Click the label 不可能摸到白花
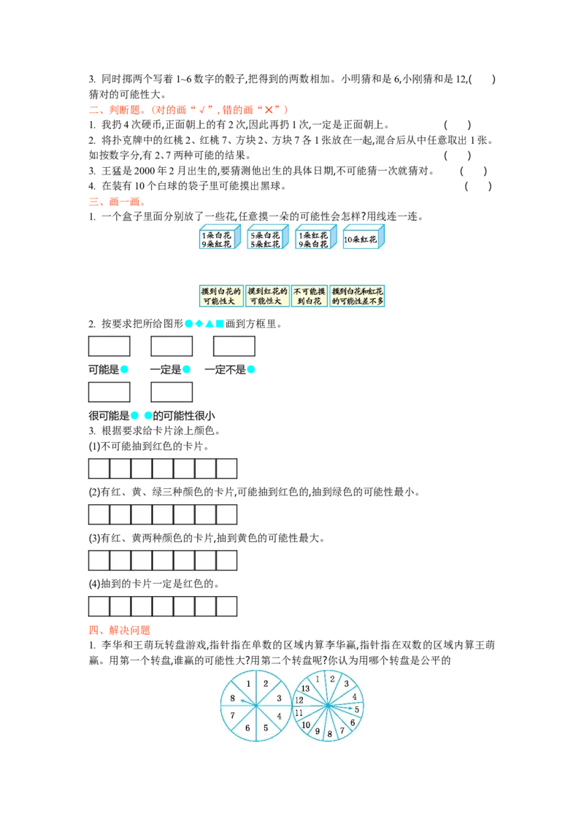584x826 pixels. pyautogui.click(x=310, y=296)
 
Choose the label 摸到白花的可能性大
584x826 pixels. pyautogui.click(x=221, y=296)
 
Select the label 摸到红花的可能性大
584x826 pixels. pyautogui.click(x=267, y=296)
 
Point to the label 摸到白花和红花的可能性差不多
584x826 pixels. pyautogui.click(x=357, y=296)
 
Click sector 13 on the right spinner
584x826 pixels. pyautogui.click(x=305, y=689)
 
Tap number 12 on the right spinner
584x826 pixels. pyautogui.click(x=299, y=700)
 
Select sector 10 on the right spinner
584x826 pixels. pyautogui.click(x=306, y=725)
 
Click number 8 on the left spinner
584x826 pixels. pyautogui.click(x=232, y=698)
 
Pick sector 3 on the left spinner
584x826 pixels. pyautogui.click(x=278, y=698)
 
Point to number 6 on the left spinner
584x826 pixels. pyautogui.click(x=247, y=727)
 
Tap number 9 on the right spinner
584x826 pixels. pyautogui.click(x=317, y=731)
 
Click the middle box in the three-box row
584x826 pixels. pyautogui.click(x=172, y=346)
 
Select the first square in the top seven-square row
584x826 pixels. pyautogui.click(x=99, y=468)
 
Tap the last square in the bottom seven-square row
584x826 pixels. pyautogui.click(x=227, y=606)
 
